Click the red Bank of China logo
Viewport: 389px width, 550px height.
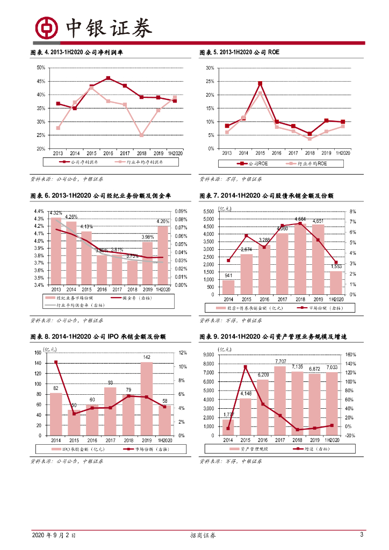[47, 27]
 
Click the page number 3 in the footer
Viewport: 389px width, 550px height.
[362, 535]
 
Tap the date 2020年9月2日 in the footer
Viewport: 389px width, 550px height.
[53, 535]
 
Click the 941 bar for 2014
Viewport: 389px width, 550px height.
[228, 287]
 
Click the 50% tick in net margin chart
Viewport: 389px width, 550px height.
[41, 68]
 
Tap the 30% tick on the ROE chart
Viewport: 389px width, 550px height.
[210, 68]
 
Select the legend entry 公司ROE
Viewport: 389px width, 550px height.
[251, 163]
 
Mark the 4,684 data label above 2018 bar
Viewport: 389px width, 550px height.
[300, 219]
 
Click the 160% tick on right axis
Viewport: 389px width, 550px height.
[349, 354]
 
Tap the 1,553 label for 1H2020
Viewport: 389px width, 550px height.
[336, 267]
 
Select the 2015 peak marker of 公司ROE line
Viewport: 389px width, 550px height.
[260, 84]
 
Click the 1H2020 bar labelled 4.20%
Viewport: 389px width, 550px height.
[163, 255]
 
